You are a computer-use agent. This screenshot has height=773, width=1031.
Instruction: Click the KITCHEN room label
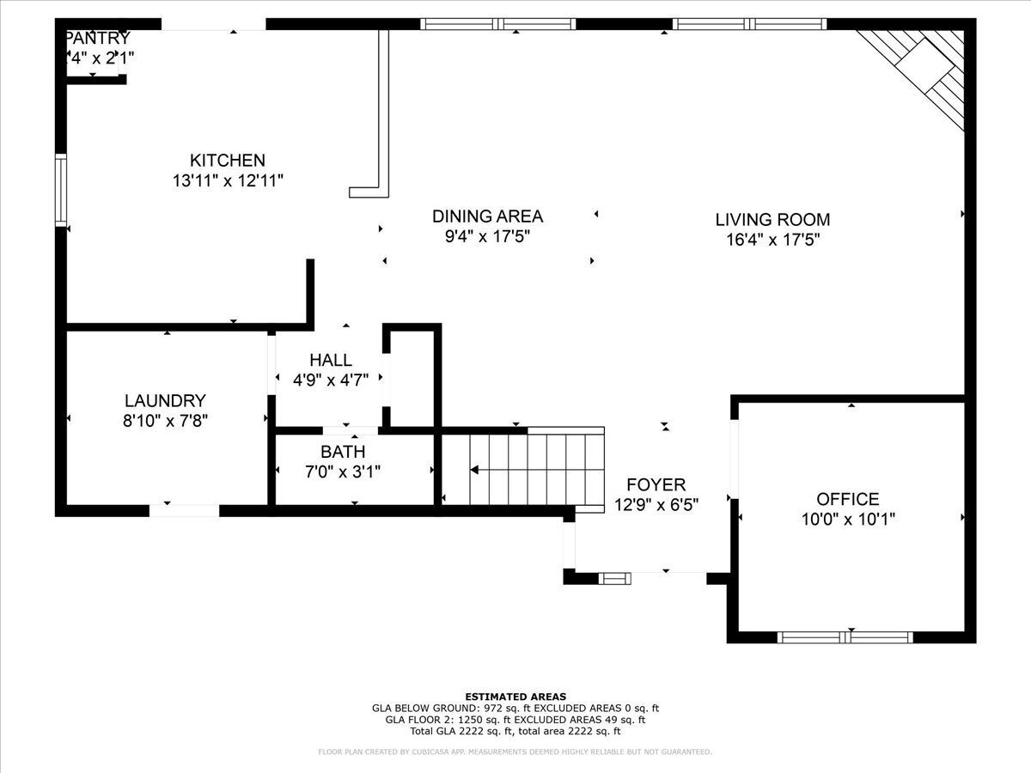[x=228, y=161]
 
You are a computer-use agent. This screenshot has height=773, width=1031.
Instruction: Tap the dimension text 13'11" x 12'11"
[x=228, y=181]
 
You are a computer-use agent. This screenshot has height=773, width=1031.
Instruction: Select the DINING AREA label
[x=487, y=216]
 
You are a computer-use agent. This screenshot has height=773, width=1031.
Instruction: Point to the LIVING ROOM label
[x=772, y=220]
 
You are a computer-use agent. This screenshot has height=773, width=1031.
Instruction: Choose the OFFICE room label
[x=847, y=499]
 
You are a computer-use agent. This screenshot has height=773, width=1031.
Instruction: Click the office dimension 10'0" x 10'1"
[x=847, y=520]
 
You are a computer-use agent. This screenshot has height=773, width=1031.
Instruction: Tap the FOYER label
[x=656, y=485]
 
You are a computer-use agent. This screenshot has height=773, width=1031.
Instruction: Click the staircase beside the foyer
[x=524, y=469]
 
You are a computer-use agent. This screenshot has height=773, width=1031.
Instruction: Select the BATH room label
[x=343, y=452]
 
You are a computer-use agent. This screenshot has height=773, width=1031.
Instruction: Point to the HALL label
[x=331, y=361]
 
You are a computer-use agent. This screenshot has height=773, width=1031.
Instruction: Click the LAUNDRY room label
[x=165, y=400]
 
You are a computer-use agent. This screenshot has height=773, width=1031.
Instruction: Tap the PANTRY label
[x=98, y=39]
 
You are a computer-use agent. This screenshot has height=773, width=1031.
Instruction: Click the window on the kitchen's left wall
[x=61, y=189]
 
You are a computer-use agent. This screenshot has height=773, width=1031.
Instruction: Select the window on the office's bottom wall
[x=845, y=636]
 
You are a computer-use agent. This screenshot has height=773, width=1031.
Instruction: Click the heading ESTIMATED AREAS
[x=515, y=696]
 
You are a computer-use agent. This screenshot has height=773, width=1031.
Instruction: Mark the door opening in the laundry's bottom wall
[x=185, y=510]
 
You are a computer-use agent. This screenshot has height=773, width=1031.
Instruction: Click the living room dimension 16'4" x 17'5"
[x=772, y=240]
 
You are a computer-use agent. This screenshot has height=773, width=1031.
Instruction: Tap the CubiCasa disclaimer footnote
[x=515, y=752]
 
